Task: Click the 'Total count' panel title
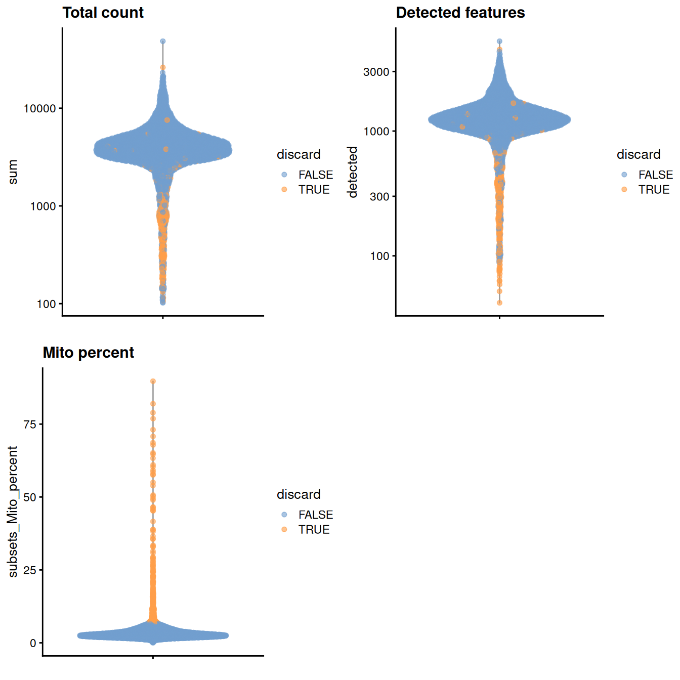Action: tap(103, 13)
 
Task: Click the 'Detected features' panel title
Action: tap(460, 13)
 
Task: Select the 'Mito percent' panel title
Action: tap(88, 353)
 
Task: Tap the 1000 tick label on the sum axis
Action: tap(42, 206)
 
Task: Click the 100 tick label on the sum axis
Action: tap(46, 304)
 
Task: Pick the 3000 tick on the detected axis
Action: tap(376, 72)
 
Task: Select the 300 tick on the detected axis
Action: tap(379, 196)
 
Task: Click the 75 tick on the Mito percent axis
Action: tap(30, 424)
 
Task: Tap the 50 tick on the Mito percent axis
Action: tap(30, 497)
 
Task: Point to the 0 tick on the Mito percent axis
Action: tap(33, 643)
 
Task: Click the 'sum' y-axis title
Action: tap(13, 172)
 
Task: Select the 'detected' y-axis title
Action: tap(353, 172)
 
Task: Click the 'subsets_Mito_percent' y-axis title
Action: tap(13, 512)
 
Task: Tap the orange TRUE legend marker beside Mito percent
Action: tap(284, 529)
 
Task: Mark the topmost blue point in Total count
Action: tap(162, 41)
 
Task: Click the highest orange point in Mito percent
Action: tap(153, 381)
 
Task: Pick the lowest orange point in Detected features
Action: tap(499, 303)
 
